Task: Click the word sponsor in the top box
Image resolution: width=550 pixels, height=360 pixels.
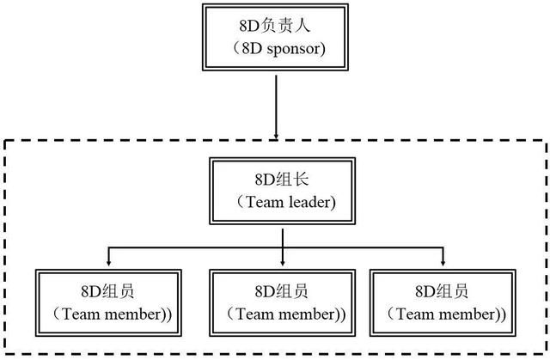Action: point(293,50)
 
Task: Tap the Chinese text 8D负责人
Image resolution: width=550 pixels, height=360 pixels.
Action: point(275,26)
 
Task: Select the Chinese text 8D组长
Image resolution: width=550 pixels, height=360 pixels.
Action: point(282,180)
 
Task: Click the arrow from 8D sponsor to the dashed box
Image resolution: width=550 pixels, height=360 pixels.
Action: point(276,107)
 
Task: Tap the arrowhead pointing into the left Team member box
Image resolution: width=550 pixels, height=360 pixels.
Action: point(109,262)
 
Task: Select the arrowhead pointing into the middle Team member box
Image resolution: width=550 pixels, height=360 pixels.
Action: point(283,262)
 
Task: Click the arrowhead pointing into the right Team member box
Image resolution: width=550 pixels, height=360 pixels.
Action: point(443,262)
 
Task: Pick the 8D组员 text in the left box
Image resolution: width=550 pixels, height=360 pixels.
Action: point(107,291)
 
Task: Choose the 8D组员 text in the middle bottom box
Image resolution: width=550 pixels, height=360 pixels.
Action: point(282,291)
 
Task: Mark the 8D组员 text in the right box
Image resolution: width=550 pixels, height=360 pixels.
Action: point(442,291)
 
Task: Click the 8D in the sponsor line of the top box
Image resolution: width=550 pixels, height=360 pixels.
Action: point(252,49)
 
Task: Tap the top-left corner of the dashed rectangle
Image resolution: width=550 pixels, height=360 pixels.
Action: point(5,141)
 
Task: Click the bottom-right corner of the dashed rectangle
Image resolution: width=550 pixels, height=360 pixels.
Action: point(547,353)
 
